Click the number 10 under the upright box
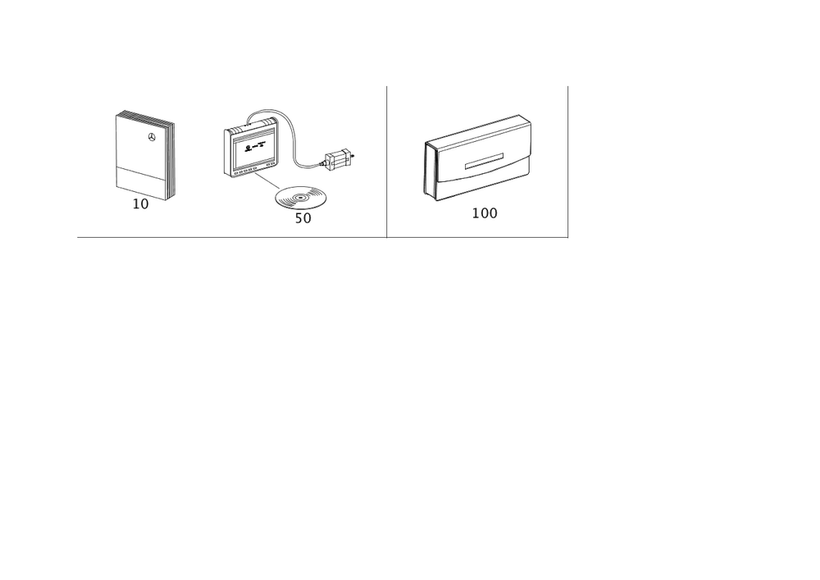tap(141, 203)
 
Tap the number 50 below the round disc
tap(303, 219)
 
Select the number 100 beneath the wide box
tap(485, 213)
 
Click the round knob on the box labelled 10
tap(150, 137)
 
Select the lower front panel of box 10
tap(139, 180)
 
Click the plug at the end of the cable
tap(339, 158)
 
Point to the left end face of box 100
tap(429, 168)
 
